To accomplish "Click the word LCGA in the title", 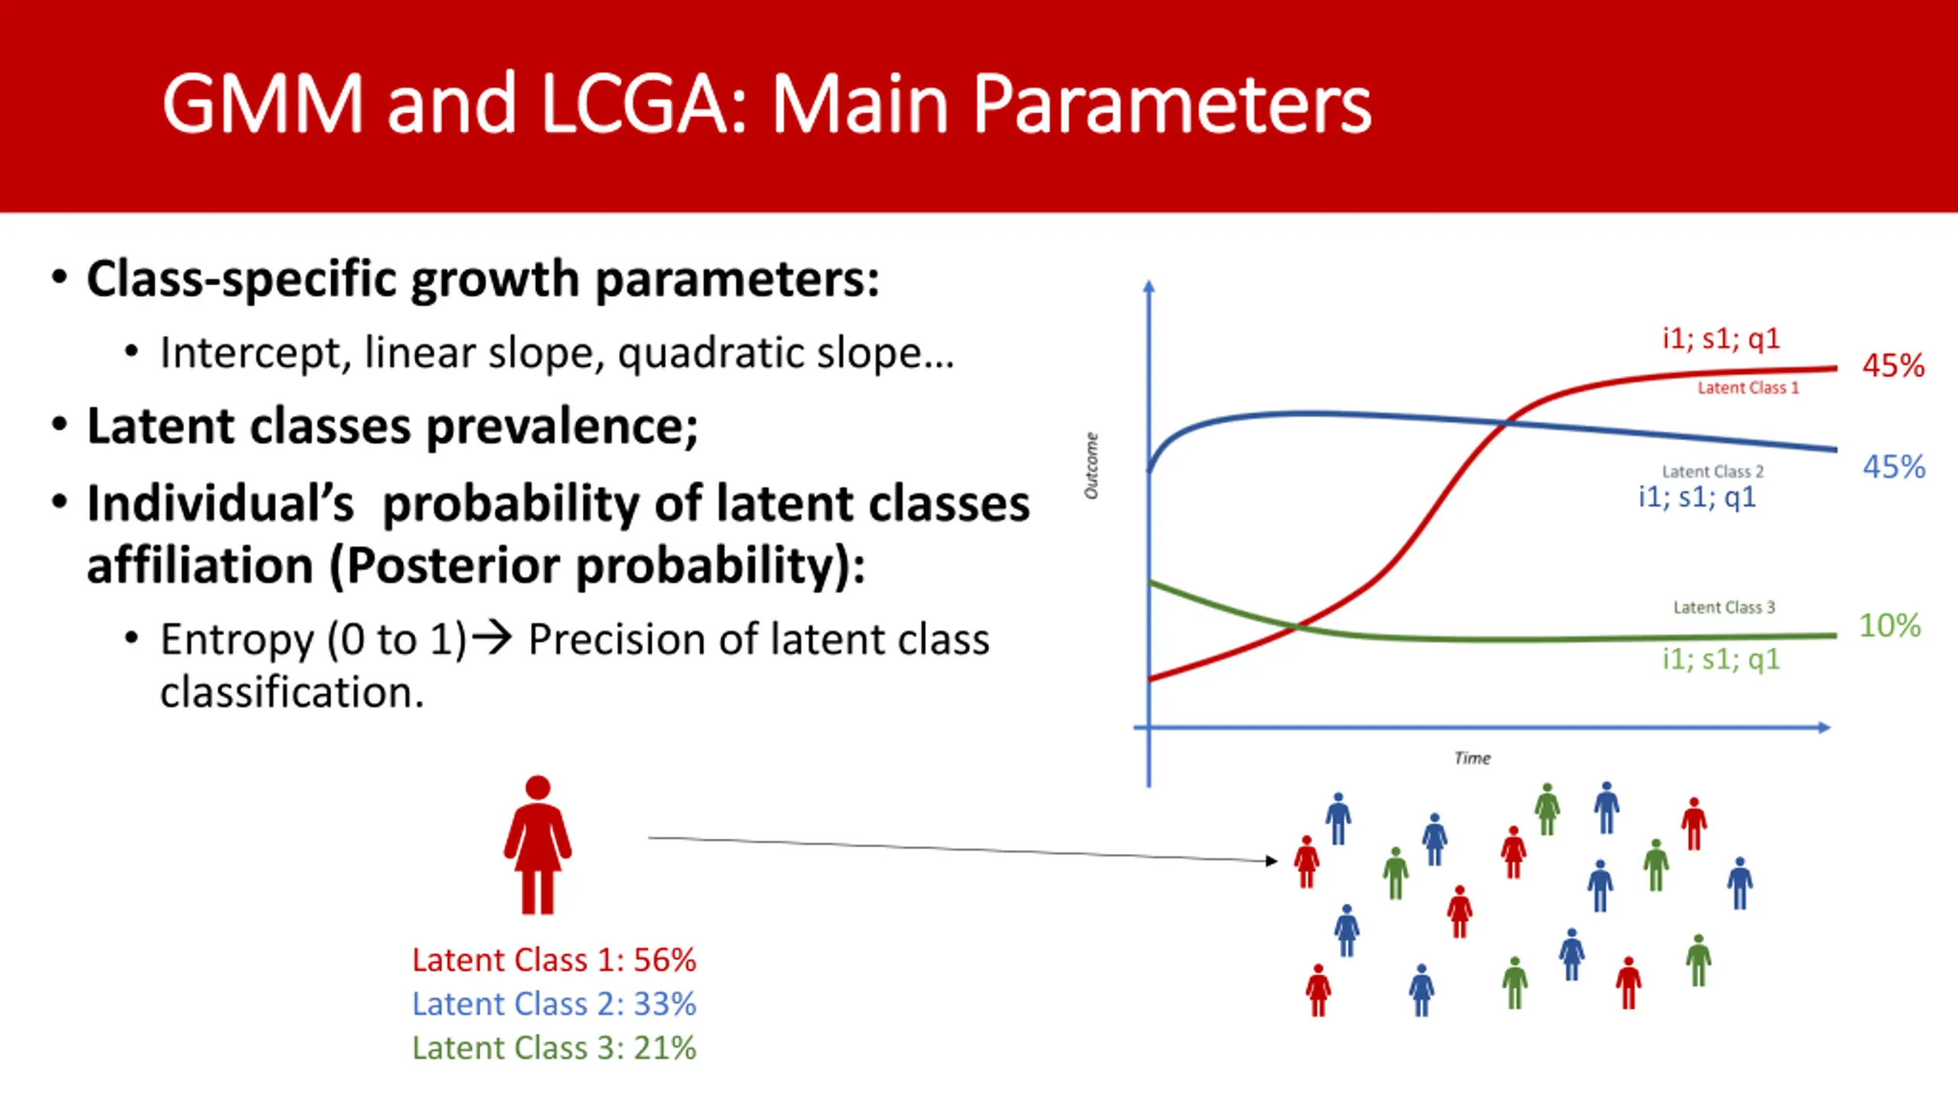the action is (x=643, y=105).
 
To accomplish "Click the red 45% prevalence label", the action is (x=1893, y=365).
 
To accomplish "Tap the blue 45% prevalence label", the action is (x=1894, y=466).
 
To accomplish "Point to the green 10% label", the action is (x=1890, y=625).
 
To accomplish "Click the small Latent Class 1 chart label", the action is (x=1748, y=388).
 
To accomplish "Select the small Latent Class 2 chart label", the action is (x=1712, y=471).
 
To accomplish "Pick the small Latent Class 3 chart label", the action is (x=1724, y=607).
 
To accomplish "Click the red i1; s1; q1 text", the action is (x=1721, y=339).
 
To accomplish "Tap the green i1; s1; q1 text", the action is (x=1721, y=659).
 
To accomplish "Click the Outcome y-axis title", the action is (x=1091, y=466).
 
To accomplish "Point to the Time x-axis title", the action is (x=1472, y=758).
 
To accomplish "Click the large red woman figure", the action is (x=538, y=845).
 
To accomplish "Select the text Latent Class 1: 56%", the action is (x=555, y=960).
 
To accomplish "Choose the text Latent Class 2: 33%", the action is (x=555, y=1004).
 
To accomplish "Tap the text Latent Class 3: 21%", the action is (x=555, y=1047).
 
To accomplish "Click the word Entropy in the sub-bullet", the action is (x=238, y=641).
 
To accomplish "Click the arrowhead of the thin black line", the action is (x=1272, y=861).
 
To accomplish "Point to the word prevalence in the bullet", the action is (x=561, y=427).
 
